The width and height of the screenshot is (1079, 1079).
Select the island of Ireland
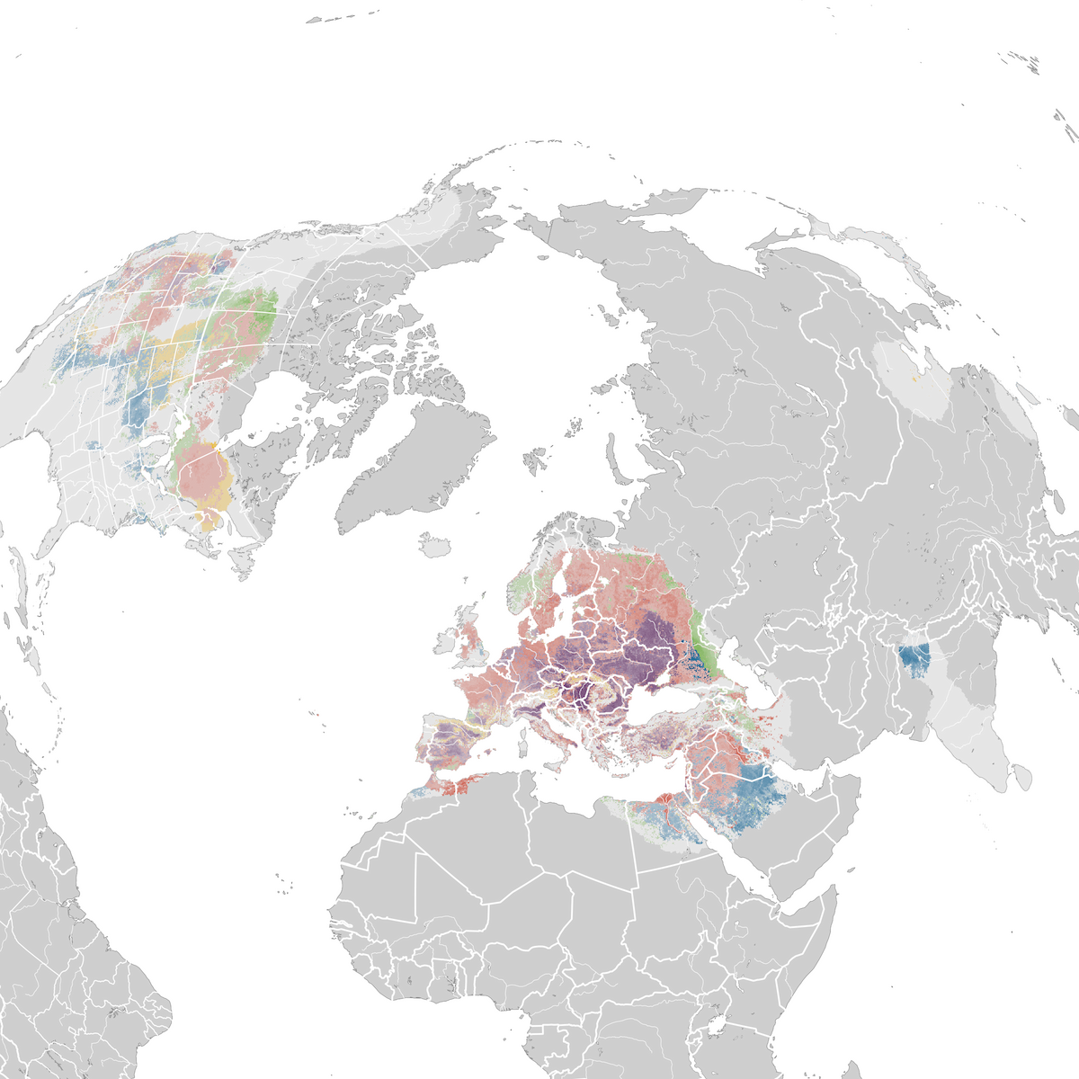[x=447, y=644]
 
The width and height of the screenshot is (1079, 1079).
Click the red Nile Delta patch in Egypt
[x=666, y=798]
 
